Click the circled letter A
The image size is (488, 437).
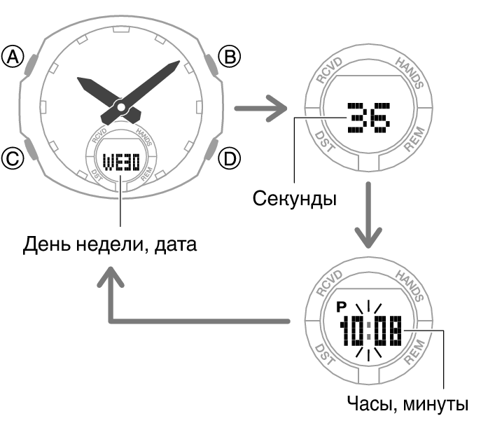tap(13, 57)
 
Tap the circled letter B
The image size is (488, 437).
tap(230, 57)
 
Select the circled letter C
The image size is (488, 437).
tap(13, 159)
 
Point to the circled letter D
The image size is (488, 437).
tap(230, 159)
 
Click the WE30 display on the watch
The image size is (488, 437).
tap(121, 162)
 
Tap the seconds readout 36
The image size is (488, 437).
tap(368, 118)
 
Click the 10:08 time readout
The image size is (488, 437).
tap(370, 331)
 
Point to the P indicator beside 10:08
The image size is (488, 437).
tap(342, 307)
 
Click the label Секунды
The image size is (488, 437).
tap(295, 198)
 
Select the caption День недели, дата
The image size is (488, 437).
tap(110, 244)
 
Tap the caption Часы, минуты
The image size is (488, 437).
tap(407, 404)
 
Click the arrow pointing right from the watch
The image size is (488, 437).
tap(261, 109)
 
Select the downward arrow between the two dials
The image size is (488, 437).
tap(368, 215)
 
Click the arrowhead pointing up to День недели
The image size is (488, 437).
tap(111, 277)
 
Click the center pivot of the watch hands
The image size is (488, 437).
tap(121, 108)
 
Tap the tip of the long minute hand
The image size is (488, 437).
tap(179, 61)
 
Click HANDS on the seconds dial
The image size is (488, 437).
tap(410, 73)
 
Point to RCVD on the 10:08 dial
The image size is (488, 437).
tap(329, 283)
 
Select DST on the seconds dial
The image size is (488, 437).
tap(324, 141)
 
